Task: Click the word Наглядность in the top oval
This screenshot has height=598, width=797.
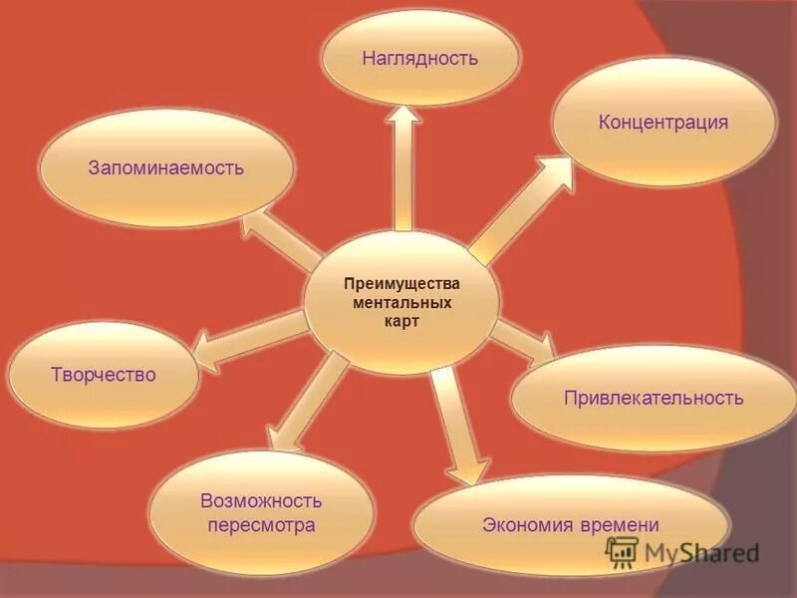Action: pos(419,58)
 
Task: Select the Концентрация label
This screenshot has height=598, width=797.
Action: pos(664,123)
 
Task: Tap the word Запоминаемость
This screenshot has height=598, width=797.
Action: pos(165,167)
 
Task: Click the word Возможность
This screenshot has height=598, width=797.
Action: pos(262,498)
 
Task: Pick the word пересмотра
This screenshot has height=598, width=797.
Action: pos(262,524)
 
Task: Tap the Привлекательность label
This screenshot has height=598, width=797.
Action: pos(654,398)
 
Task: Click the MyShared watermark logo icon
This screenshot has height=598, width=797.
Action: pos(622,550)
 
